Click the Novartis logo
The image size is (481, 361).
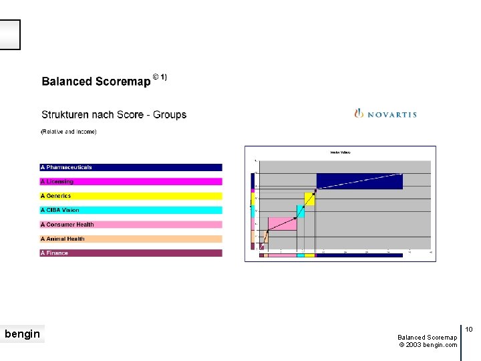coord(385,114)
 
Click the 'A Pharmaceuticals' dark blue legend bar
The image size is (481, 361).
coord(131,167)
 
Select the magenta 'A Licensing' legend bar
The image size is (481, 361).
coord(131,182)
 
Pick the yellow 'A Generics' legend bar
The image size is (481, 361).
coord(131,196)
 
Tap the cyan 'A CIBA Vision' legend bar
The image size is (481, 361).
coord(131,210)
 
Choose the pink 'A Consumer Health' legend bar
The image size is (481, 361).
coord(131,225)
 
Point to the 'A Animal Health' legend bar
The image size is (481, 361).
coord(131,239)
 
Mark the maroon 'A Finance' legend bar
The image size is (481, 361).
coord(131,253)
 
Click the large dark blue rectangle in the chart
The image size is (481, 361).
coord(359,181)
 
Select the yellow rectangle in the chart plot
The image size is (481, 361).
coord(309,199)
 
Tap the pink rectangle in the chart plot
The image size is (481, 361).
coord(283,224)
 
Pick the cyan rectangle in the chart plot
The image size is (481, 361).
coord(301,211)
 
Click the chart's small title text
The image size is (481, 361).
coord(340,153)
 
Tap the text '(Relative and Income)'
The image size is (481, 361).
coord(69,132)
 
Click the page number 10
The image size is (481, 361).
coord(469,330)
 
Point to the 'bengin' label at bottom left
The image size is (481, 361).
coord(22,334)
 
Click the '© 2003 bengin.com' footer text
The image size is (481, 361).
coord(428,345)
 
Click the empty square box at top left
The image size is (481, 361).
coord(10,35)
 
